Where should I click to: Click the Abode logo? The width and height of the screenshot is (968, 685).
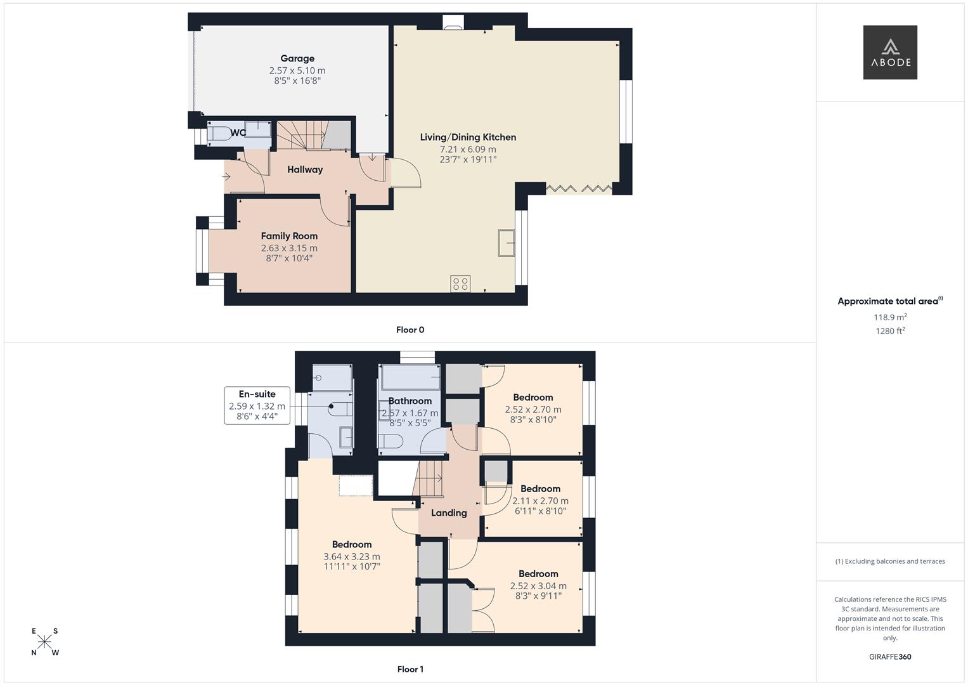(x=889, y=52)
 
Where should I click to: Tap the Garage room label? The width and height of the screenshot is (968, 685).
(x=297, y=58)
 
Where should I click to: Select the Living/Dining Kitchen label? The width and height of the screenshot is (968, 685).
(x=468, y=137)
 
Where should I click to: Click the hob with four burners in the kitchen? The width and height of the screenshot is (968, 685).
(x=460, y=284)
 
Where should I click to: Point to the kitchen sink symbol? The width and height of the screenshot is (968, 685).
(x=506, y=242)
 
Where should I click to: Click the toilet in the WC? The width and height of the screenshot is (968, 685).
(x=220, y=134)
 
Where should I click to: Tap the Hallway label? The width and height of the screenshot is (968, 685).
(x=305, y=169)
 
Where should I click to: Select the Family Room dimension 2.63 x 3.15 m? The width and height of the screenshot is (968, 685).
(x=289, y=248)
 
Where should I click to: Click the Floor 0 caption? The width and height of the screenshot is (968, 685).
(x=410, y=330)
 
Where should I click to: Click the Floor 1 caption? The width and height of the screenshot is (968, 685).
(x=410, y=669)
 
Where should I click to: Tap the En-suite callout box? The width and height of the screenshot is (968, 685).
(x=257, y=405)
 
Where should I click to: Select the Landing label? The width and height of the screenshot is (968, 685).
(x=449, y=513)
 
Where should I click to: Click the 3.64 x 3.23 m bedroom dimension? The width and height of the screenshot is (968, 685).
(x=352, y=557)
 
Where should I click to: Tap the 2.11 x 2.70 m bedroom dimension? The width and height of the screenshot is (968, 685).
(x=540, y=500)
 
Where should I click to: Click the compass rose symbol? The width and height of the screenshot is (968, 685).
(x=45, y=642)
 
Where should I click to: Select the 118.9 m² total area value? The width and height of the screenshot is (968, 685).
(x=889, y=317)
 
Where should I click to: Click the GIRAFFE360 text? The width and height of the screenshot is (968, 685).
(x=889, y=656)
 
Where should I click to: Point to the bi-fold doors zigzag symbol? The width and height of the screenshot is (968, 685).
(x=578, y=188)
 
